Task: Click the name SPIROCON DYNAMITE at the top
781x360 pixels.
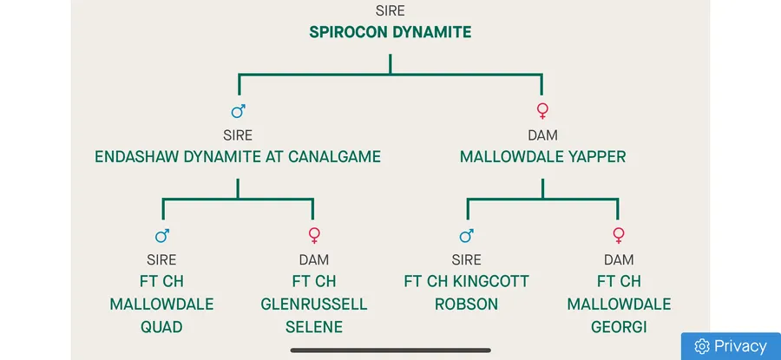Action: [390, 33]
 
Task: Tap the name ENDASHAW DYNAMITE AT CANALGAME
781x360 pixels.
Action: [238, 157]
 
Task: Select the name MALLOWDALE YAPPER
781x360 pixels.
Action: [542, 157]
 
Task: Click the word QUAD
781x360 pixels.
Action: [161, 327]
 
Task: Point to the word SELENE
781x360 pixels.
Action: [314, 327]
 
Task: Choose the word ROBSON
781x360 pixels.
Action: [467, 304]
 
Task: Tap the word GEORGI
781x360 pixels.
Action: [619, 327]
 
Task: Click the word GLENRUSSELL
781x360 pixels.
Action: [314, 304]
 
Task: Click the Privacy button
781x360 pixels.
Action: [731, 346]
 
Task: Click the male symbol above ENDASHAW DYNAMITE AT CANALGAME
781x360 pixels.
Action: [238, 111]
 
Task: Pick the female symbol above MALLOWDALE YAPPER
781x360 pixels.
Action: [543, 111]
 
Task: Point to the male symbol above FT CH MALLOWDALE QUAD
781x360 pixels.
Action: [162, 235]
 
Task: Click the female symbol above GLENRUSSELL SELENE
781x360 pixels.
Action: [314, 235]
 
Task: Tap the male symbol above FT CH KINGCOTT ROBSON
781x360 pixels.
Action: [467, 235]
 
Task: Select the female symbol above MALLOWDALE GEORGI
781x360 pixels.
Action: [619, 235]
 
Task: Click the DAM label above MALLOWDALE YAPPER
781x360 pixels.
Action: [542, 135]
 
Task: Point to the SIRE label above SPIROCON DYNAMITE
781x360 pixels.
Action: [390, 11]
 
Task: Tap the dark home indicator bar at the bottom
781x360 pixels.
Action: [390, 350]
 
